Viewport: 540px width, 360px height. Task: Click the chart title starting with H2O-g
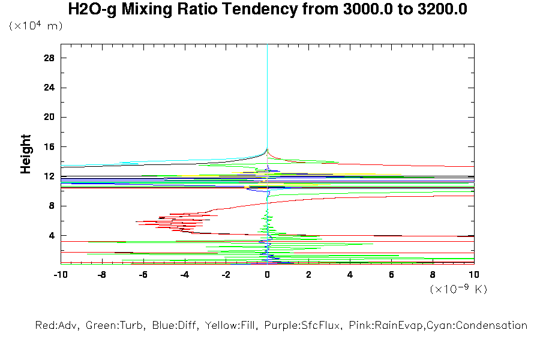coord(268,10)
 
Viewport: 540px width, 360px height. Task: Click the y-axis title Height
coord(26,154)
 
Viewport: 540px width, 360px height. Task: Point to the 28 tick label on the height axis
coord(49,58)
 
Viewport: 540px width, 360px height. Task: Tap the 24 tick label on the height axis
coord(49,88)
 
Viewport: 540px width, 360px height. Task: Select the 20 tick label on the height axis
coord(49,117)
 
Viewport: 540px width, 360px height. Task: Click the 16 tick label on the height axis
coord(49,146)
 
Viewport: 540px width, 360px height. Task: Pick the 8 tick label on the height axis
coord(52,206)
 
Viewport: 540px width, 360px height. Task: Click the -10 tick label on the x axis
coord(60,274)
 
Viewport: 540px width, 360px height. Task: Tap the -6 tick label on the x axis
coord(143,274)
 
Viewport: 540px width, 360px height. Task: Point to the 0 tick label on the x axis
coord(268,274)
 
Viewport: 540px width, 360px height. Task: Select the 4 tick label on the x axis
coord(350,274)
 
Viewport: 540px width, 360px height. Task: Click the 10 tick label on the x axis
coord(473,274)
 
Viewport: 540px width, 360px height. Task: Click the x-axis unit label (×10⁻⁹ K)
coord(458,289)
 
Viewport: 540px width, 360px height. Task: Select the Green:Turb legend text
coord(112,326)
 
